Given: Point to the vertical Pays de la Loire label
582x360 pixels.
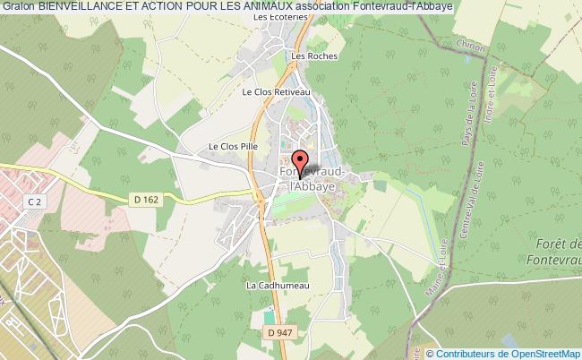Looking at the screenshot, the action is [465, 131].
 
